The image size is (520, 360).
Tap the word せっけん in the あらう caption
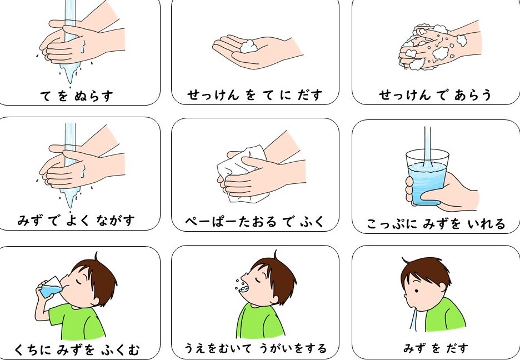click(x=405, y=95)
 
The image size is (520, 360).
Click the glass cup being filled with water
click(x=427, y=178)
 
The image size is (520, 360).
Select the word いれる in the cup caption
click(x=487, y=224)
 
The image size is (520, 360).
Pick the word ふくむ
click(x=121, y=350)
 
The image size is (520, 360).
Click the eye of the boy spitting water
click(x=416, y=291)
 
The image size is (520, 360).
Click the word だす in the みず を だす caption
click(x=457, y=348)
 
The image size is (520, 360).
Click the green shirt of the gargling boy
click(x=261, y=321)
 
